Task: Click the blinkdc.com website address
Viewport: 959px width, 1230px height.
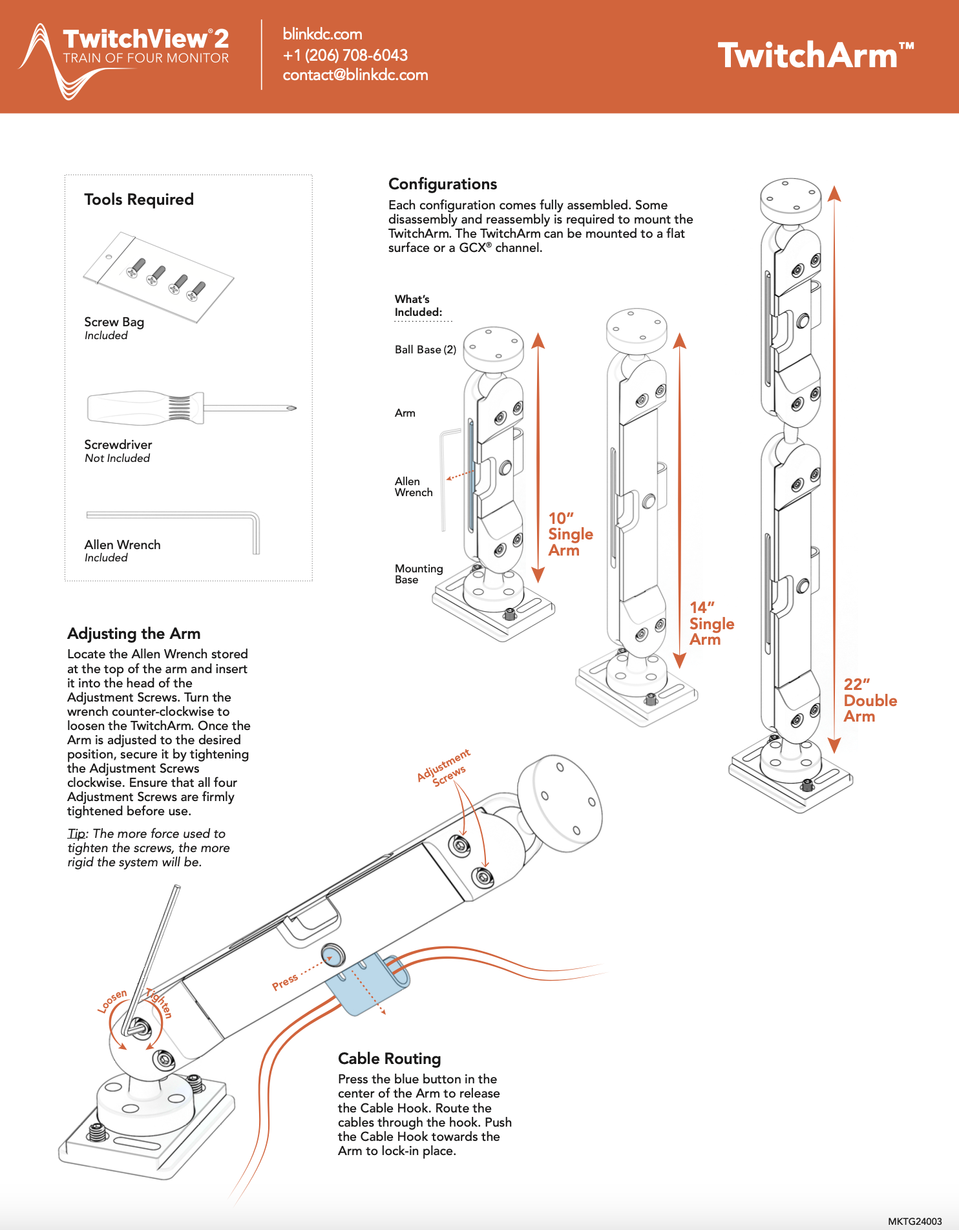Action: pos(322,34)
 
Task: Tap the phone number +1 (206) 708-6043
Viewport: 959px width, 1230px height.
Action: pos(345,55)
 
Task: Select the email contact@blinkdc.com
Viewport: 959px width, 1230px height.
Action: pos(355,75)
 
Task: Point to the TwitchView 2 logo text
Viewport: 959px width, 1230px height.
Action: pos(145,39)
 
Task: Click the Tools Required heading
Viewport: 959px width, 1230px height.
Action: pos(139,200)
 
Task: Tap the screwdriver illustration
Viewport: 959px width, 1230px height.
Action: pos(190,408)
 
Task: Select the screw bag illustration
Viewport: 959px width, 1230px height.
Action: pos(159,276)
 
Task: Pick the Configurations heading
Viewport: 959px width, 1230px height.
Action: pos(443,184)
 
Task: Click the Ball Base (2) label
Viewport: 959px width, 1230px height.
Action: pos(425,349)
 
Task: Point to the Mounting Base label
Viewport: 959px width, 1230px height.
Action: pos(419,574)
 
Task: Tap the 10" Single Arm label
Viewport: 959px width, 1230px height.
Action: pos(570,534)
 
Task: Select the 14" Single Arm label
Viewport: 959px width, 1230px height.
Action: pos(711,623)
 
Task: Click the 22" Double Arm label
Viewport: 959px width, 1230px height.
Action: pos(870,700)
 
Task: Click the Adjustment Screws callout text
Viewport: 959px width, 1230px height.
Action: pos(445,768)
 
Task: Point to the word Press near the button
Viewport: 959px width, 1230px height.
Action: pos(285,981)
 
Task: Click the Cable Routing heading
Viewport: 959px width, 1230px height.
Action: pos(389,1059)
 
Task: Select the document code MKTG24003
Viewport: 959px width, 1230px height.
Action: pos(914,1221)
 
